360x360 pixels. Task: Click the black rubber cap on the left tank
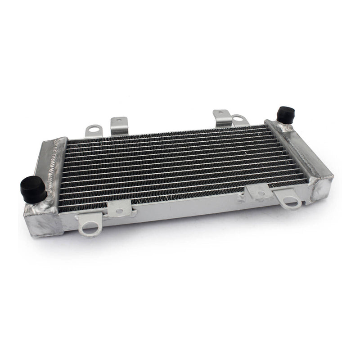click(33, 189)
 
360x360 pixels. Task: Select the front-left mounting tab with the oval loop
click(90, 225)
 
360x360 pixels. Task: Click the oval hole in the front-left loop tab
click(90, 230)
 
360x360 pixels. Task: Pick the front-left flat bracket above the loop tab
click(119, 208)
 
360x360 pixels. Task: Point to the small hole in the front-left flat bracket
click(119, 210)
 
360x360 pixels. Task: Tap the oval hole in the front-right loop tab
click(292, 203)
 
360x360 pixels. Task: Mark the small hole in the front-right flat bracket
click(261, 193)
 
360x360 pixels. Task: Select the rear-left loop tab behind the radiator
click(94, 130)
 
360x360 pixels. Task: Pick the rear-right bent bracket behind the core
click(222, 117)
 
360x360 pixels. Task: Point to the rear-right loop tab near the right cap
click(240, 120)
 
